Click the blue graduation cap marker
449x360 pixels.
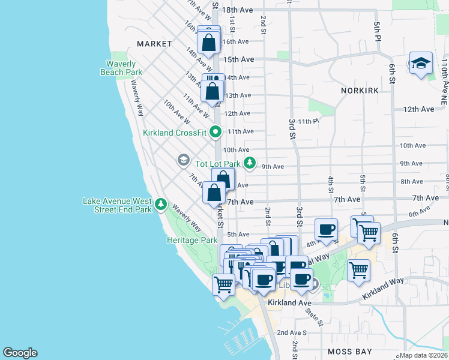[x=421, y=63]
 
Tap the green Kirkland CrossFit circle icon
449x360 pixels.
[x=217, y=133]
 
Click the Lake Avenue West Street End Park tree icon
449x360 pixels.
[x=160, y=205]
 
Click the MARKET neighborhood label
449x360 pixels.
[x=154, y=44]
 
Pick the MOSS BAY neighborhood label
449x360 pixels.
[x=347, y=351]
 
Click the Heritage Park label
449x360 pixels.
[x=191, y=240]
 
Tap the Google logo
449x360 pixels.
[x=20, y=353]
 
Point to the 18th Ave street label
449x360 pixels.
[x=238, y=10]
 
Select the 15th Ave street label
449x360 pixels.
[x=239, y=59]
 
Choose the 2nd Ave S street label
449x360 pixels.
[x=291, y=332]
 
